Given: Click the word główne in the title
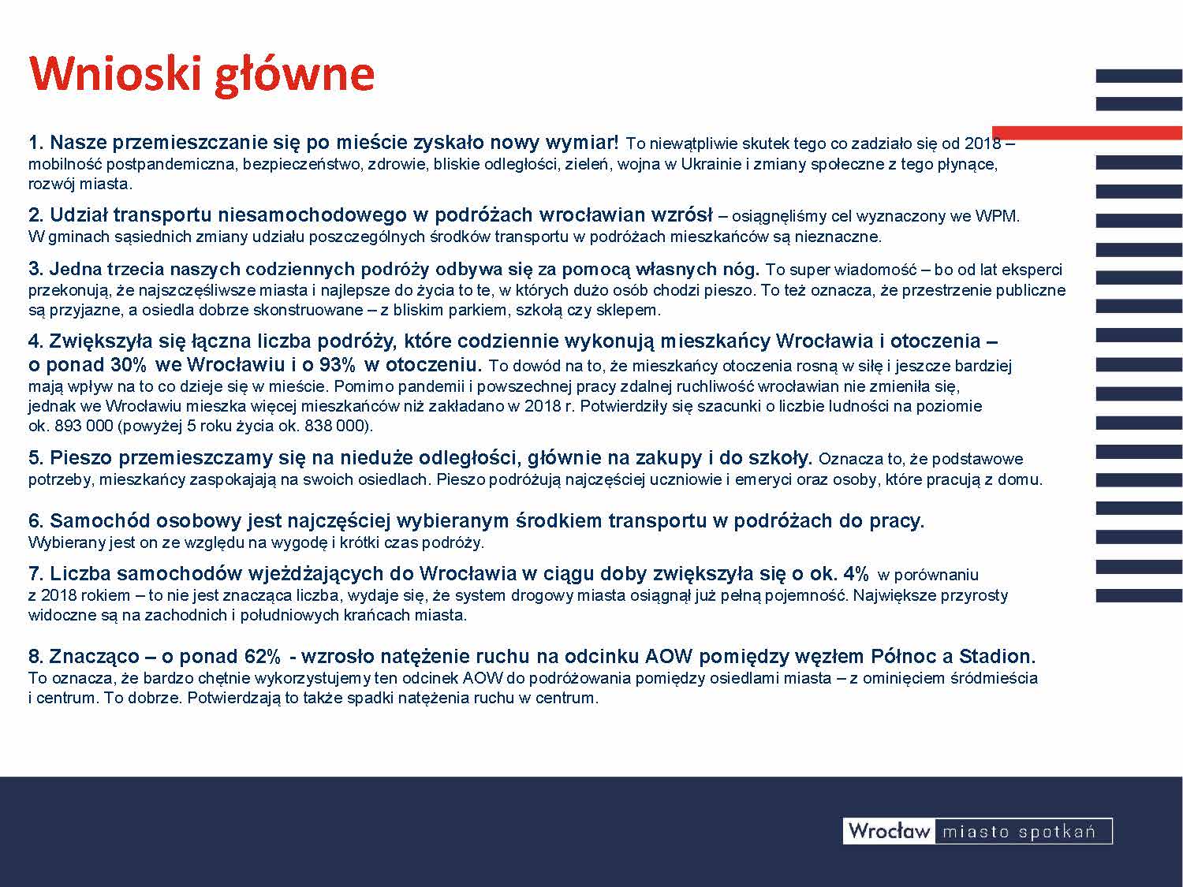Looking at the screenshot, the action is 294,76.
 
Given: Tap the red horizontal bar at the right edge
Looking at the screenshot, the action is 1087,133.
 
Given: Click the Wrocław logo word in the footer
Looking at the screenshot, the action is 890,831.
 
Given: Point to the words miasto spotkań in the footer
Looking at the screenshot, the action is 1019,833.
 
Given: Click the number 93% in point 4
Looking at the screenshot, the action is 337,364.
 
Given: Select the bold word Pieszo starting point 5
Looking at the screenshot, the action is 81,458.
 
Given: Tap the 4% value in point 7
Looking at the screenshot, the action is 856,573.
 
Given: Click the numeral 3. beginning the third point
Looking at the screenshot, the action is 35,269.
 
